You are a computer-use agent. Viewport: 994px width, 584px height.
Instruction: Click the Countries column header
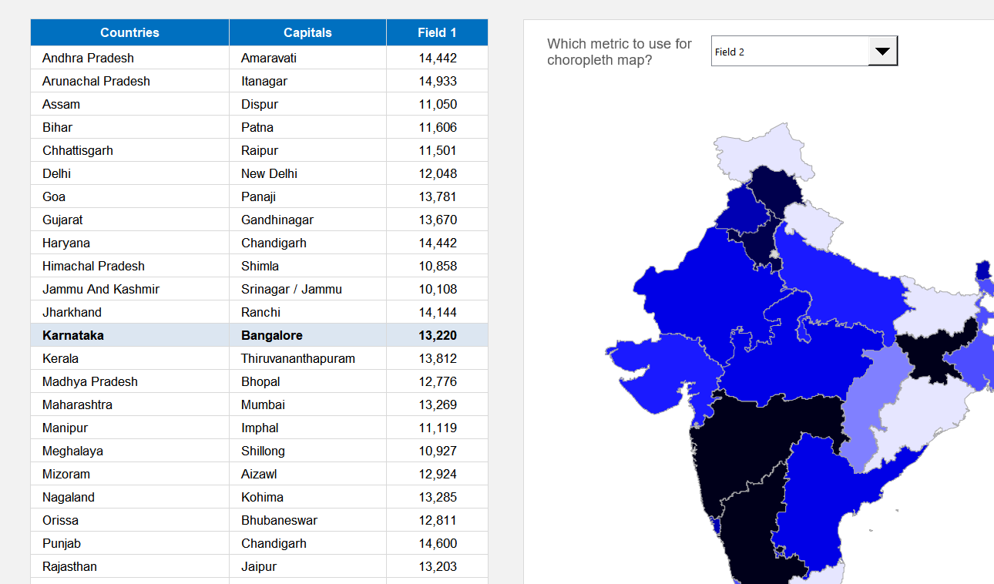pyautogui.click(x=129, y=32)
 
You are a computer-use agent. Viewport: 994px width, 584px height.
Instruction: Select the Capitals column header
pyautogui.click(x=307, y=32)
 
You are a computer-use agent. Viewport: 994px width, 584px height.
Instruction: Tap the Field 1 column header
pyautogui.click(x=437, y=32)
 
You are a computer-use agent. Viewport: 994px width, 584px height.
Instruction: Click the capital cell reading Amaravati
pyautogui.click(x=269, y=58)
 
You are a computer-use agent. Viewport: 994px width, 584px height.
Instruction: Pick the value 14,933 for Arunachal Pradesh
pyautogui.click(x=438, y=81)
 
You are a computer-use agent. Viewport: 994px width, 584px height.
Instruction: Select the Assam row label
pyautogui.click(x=62, y=104)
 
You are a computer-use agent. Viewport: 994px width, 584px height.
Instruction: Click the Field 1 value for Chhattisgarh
pyautogui.click(x=438, y=150)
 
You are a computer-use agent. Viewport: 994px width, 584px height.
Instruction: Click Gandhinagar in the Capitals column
pyautogui.click(x=277, y=220)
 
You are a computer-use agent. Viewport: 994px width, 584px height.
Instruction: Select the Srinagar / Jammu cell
pyautogui.click(x=291, y=289)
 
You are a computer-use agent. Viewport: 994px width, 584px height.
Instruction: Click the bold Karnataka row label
pyautogui.click(x=73, y=335)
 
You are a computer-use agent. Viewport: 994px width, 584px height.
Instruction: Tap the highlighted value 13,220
pyautogui.click(x=438, y=335)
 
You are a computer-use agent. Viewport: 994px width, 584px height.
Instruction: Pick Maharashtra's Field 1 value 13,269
pyautogui.click(x=438, y=404)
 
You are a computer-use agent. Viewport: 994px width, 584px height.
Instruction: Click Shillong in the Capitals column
pyautogui.click(x=263, y=451)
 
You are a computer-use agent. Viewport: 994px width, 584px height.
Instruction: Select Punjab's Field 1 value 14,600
pyautogui.click(x=438, y=543)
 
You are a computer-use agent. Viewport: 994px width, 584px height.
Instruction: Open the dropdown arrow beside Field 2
pyautogui.click(x=883, y=52)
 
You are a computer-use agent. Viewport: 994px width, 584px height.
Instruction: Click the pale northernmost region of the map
pyautogui.click(x=751, y=150)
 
